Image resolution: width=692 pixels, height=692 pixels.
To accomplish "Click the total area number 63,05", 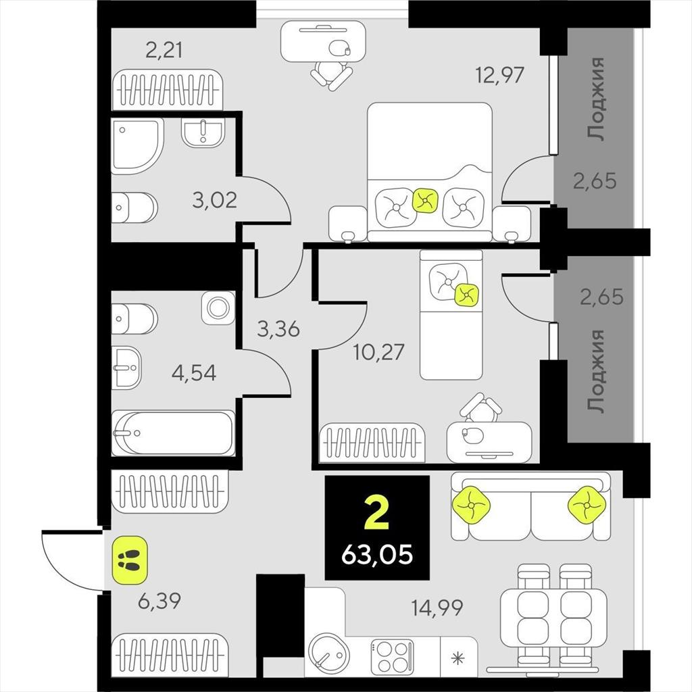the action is coord(377,554).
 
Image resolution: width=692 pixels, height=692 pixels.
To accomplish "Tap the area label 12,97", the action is coord(499,74).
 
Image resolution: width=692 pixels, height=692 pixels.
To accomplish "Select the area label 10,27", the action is coord(378,352).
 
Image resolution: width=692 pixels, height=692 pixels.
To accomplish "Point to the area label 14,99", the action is coord(437,608).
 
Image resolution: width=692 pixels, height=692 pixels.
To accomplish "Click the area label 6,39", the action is coord(159,601).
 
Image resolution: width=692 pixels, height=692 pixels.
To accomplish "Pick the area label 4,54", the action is coord(194,373).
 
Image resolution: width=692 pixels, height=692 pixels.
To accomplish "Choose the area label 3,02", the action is coord(214,200).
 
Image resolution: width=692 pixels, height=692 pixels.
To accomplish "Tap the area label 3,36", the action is coord(278,329).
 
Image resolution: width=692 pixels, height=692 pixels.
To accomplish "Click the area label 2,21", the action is coord(164,50).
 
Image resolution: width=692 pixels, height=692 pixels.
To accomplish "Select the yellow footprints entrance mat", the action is coord(130,560).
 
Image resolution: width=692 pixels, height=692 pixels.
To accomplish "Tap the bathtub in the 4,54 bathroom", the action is coord(173,433).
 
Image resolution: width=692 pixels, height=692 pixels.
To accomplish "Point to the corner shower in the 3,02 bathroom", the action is coord(137,146).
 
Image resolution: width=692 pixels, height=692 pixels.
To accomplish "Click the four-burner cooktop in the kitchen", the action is coord(393,657).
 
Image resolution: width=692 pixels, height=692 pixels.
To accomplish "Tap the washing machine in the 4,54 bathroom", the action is coord(218,307).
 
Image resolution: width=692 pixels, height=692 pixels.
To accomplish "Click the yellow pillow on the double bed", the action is coord(425,200).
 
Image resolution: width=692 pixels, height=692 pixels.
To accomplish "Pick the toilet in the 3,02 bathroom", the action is coord(134,207).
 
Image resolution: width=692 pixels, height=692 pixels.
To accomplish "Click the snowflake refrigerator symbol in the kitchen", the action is coord(459,659).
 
